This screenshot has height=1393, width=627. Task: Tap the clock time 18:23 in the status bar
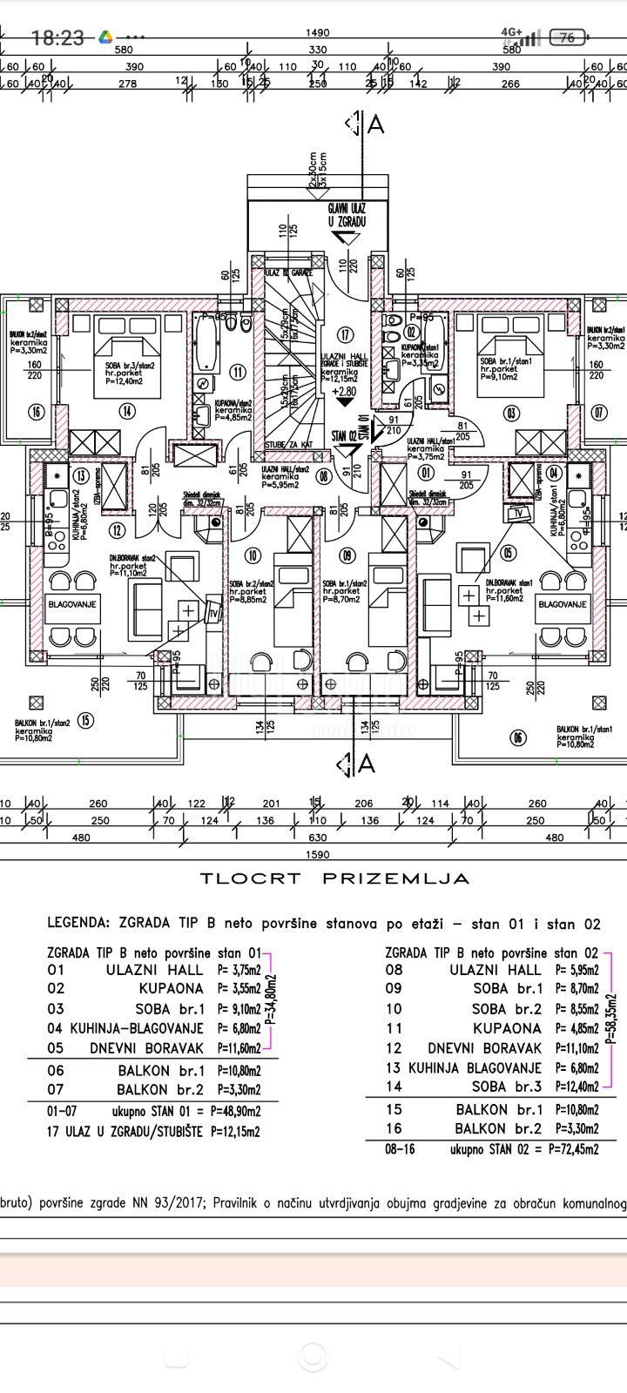[x=57, y=37]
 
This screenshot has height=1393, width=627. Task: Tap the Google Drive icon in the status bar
[x=104, y=37]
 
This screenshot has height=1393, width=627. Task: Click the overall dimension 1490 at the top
[x=318, y=33]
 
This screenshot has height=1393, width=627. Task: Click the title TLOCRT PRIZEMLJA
[x=335, y=878]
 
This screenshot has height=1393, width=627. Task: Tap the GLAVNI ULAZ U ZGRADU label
[x=346, y=215]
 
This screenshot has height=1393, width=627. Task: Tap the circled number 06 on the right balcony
[x=519, y=737]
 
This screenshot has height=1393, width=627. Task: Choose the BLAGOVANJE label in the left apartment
[x=71, y=603]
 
